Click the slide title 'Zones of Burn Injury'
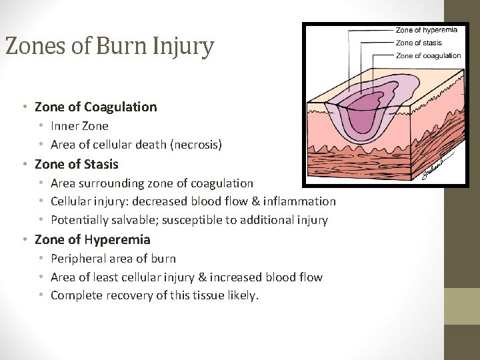(109, 47)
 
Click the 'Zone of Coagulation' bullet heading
(95, 107)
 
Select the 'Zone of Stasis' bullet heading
(76, 164)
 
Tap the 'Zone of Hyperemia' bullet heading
(92, 239)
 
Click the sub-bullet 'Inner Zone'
(79, 125)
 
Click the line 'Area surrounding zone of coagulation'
(152, 183)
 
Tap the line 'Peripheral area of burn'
(113, 258)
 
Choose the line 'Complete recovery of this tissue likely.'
(154, 295)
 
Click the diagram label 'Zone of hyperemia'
(427, 30)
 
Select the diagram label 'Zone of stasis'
(419, 43)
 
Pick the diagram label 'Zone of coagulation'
(428, 56)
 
